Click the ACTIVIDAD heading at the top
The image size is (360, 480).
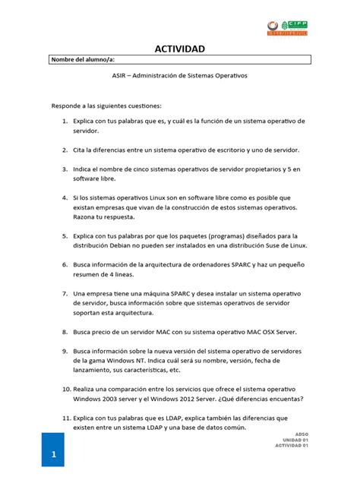coord(180,49)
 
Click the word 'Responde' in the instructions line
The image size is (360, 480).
coord(69,105)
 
